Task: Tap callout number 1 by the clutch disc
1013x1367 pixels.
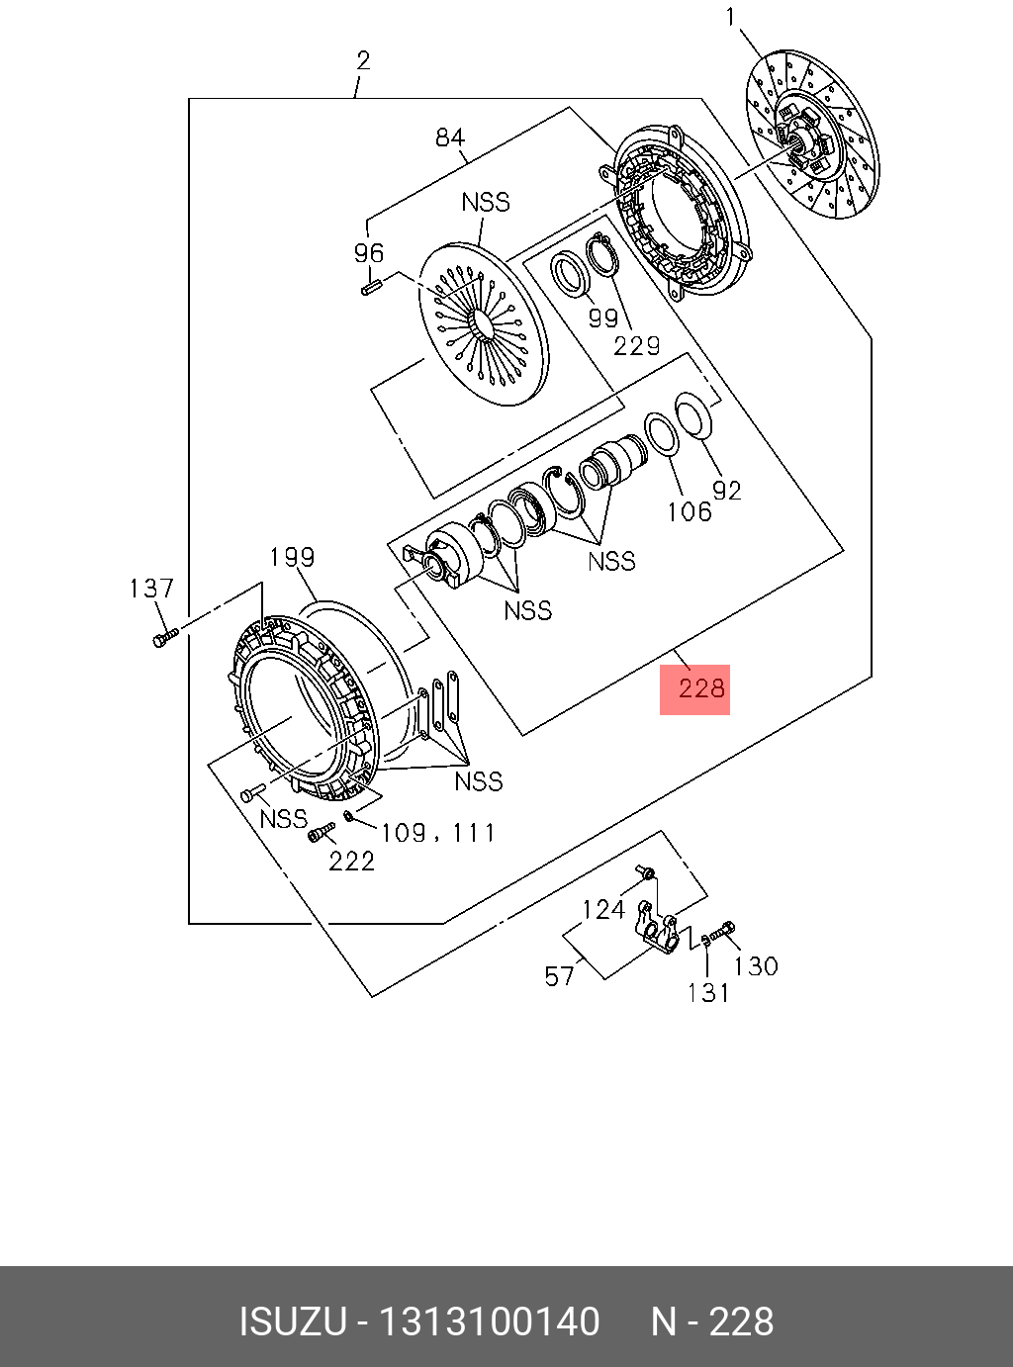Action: click(x=731, y=17)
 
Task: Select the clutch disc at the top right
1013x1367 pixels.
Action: click(x=812, y=147)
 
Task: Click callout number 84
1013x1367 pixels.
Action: click(x=450, y=137)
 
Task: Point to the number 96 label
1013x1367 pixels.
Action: click(x=369, y=253)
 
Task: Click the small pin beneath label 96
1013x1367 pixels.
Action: click(x=371, y=290)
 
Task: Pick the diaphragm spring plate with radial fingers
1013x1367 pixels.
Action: click(x=483, y=323)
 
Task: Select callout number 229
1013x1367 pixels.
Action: click(x=636, y=345)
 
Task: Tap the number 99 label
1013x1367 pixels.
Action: click(x=602, y=318)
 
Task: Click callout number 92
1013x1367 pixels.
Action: click(x=727, y=491)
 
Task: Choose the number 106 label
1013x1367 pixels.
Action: click(x=689, y=511)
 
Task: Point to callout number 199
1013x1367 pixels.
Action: click(x=292, y=558)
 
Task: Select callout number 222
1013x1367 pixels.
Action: click(x=351, y=862)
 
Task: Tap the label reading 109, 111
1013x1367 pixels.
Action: click(x=437, y=833)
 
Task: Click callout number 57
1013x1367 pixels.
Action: click(x=559, y=977)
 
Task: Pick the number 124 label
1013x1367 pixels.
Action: click(x=603, y=909)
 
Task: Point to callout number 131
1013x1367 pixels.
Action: click(x=708, y=992)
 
